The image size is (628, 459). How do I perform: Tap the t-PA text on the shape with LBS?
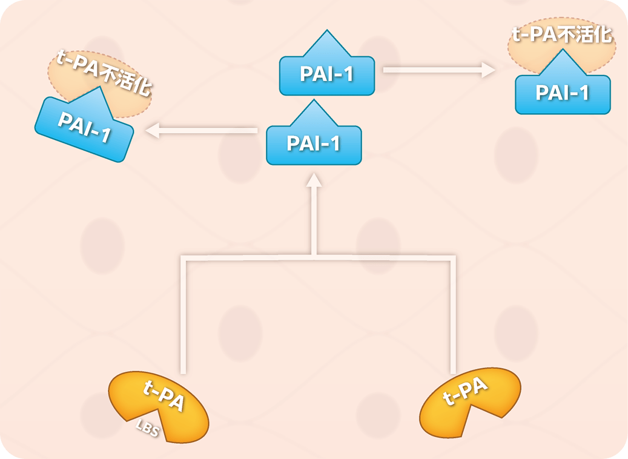(x=163, y=397)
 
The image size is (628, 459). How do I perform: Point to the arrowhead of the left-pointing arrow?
(x=151, y=130)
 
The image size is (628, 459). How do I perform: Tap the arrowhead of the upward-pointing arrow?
(x=313, y=180)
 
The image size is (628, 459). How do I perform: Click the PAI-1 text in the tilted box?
(x=84, y=128)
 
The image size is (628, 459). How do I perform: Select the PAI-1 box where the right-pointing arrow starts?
(x=327, y=75)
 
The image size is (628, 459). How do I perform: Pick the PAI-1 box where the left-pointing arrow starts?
(x=313, y=144)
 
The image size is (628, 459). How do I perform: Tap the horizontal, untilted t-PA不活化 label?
(x=561, y=35)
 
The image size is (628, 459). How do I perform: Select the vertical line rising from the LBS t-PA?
(x=183, y=314)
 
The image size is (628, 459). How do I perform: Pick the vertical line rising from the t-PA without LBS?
(x=451, y=314)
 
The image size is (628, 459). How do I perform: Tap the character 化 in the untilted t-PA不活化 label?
(x=602, y=35)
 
